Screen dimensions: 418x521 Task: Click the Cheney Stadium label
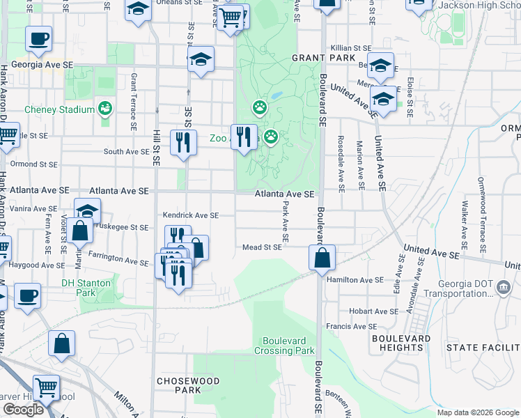pos(59,109)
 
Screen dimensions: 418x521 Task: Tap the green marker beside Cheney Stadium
pos(105,108)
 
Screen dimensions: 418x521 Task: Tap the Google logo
pos(24,410)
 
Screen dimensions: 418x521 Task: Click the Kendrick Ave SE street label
pos(191,215)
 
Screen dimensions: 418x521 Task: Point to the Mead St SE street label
pos(262,247)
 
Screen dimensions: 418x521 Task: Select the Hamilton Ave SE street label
pos(355,279)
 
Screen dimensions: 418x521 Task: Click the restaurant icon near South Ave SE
pos(183,142)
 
